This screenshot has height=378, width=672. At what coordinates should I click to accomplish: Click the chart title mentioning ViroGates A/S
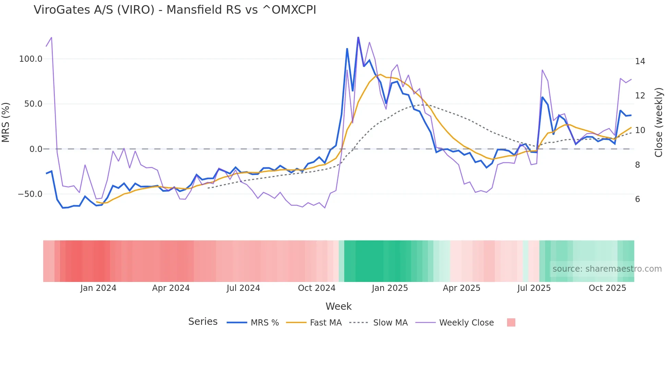pyautogui.click(x=175, y=10)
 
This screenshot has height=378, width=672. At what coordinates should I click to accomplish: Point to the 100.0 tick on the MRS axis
pyautogui.click(x=31, y=59)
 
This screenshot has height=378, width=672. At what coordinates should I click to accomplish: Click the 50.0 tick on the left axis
pyautogui.click(x=33, y=104)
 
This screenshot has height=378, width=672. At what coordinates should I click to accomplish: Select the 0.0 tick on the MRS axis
pyautogui.click(x=36, y=149)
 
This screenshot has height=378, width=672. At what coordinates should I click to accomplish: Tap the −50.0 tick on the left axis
pyautogui.click(x=30, y=194)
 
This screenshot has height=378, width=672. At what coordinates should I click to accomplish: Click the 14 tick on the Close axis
pyautogui.click(x=640, y=61)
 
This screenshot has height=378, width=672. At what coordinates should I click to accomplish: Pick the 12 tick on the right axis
pyautogui.click(x=640, y=96)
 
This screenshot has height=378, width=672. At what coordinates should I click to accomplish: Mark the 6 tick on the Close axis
pyautogui.click(x=637, y=199)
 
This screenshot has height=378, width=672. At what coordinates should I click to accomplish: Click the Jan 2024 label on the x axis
pyautogui.click(x=98, y=288)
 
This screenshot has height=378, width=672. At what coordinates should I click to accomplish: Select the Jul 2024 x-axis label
pyautogui.click(x=243, y=288)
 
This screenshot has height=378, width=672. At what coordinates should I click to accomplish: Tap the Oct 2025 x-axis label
pyautogui.click(x=607, y=288)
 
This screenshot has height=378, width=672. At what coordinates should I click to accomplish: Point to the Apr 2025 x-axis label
pyautogui.click(x=461, y=288)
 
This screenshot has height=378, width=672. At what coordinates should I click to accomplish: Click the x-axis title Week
pyautogui.click(x=338, y=306)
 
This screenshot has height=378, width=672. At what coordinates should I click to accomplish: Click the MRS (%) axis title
pyautogui.click(x=6, y=122)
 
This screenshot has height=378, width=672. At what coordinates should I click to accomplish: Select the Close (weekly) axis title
pyautogui.click(x=659, y=122)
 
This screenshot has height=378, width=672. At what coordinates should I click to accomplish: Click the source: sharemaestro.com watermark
pyautogui.click(x=607, y=269)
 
